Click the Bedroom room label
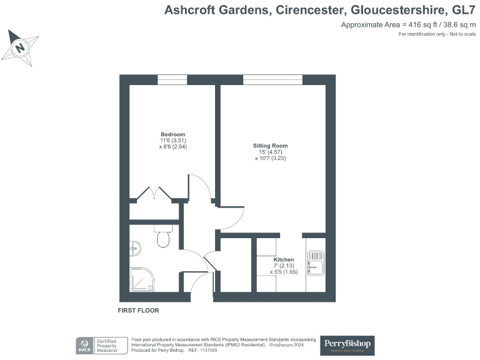(172, 134)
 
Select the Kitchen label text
(284, 259)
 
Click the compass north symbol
(21, 47)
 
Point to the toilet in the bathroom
(163, 238)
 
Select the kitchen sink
(315, 262)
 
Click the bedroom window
(172, 79)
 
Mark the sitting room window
(272, 79)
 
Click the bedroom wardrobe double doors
(154, 193)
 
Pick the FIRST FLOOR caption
(138, 310)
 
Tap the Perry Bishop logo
(347, 344)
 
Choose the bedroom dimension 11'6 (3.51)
(172, 141)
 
